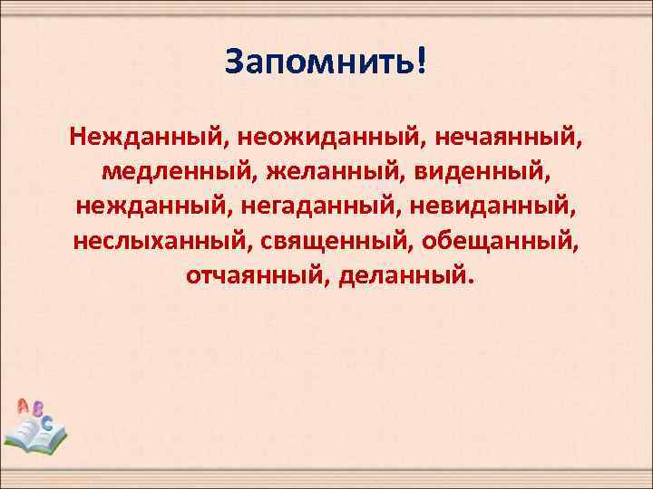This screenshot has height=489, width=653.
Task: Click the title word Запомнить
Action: [x=318, y=63]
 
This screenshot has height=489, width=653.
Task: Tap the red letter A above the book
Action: [x=23, y=407]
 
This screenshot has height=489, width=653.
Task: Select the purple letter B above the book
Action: [x=37, y=409]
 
